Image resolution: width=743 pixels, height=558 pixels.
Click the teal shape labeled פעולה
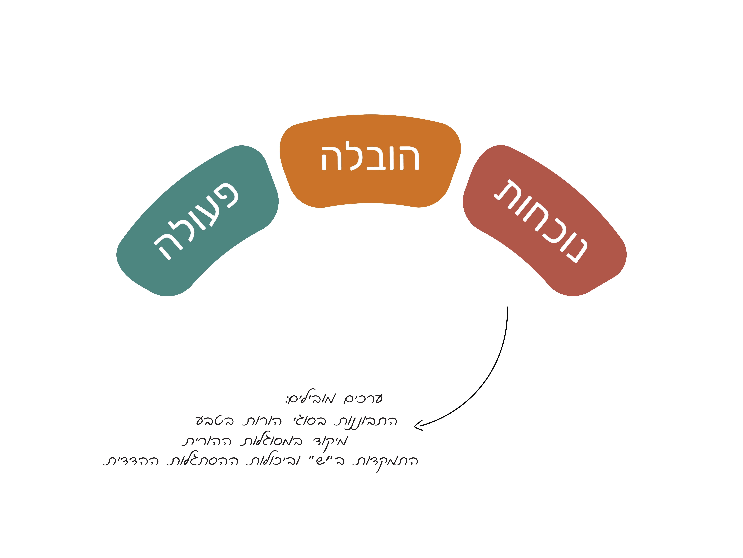pos(198,222)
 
